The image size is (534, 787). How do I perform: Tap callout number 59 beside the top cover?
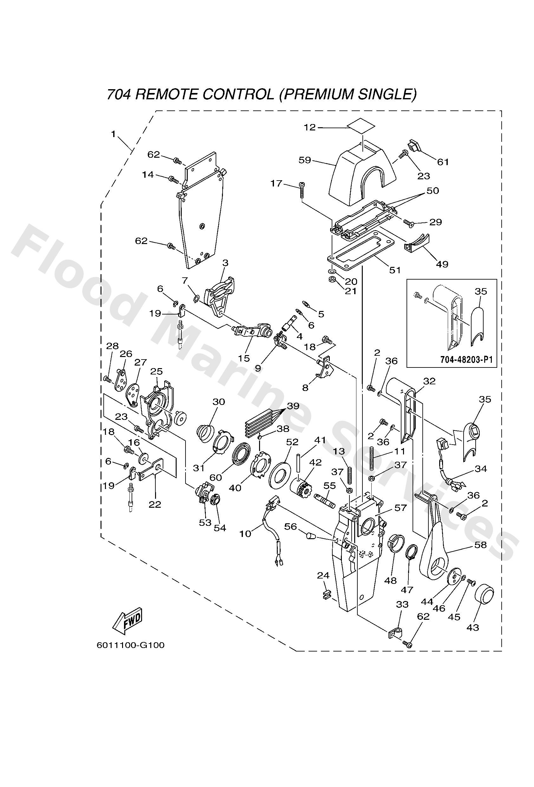[x=304, y=160]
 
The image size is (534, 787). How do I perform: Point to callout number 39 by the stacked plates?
[x=293, y=406]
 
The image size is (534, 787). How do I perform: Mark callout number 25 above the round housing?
[x=156, y=372]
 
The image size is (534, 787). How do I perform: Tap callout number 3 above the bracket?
[x=225, y=263]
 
